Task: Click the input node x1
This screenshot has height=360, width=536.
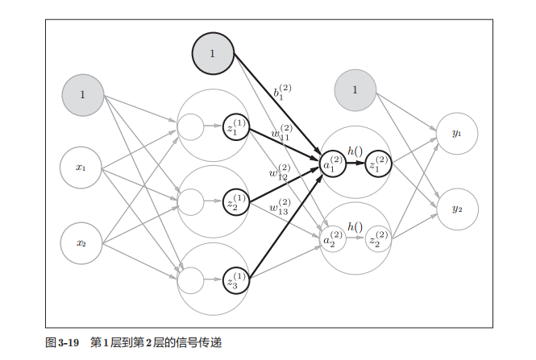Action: pos(81,168)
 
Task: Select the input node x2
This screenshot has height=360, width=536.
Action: pos(81,242)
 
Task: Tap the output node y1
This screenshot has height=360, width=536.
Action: pos(456,133)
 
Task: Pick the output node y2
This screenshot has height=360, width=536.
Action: pos(456,209)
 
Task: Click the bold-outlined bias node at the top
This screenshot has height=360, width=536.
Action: pos(212,53)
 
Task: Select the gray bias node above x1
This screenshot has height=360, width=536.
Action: pos(82,94)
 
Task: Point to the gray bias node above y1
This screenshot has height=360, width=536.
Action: pos(355,89)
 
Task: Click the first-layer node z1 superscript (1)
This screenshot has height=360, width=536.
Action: pos(236,126)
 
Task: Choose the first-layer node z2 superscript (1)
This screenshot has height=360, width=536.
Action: pos(236,201)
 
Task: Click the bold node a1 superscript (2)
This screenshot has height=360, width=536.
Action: pos(334,164)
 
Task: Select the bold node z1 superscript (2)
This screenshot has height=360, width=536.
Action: pos(377,164)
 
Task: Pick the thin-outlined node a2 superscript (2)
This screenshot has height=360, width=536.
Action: pos(334,240)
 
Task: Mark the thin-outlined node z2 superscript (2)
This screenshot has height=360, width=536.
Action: pos(376,240)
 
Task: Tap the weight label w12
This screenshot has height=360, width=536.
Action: pos(279,173)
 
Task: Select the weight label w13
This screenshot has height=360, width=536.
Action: pos(280,207)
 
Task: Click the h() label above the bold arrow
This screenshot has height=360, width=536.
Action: pos(355,151)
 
